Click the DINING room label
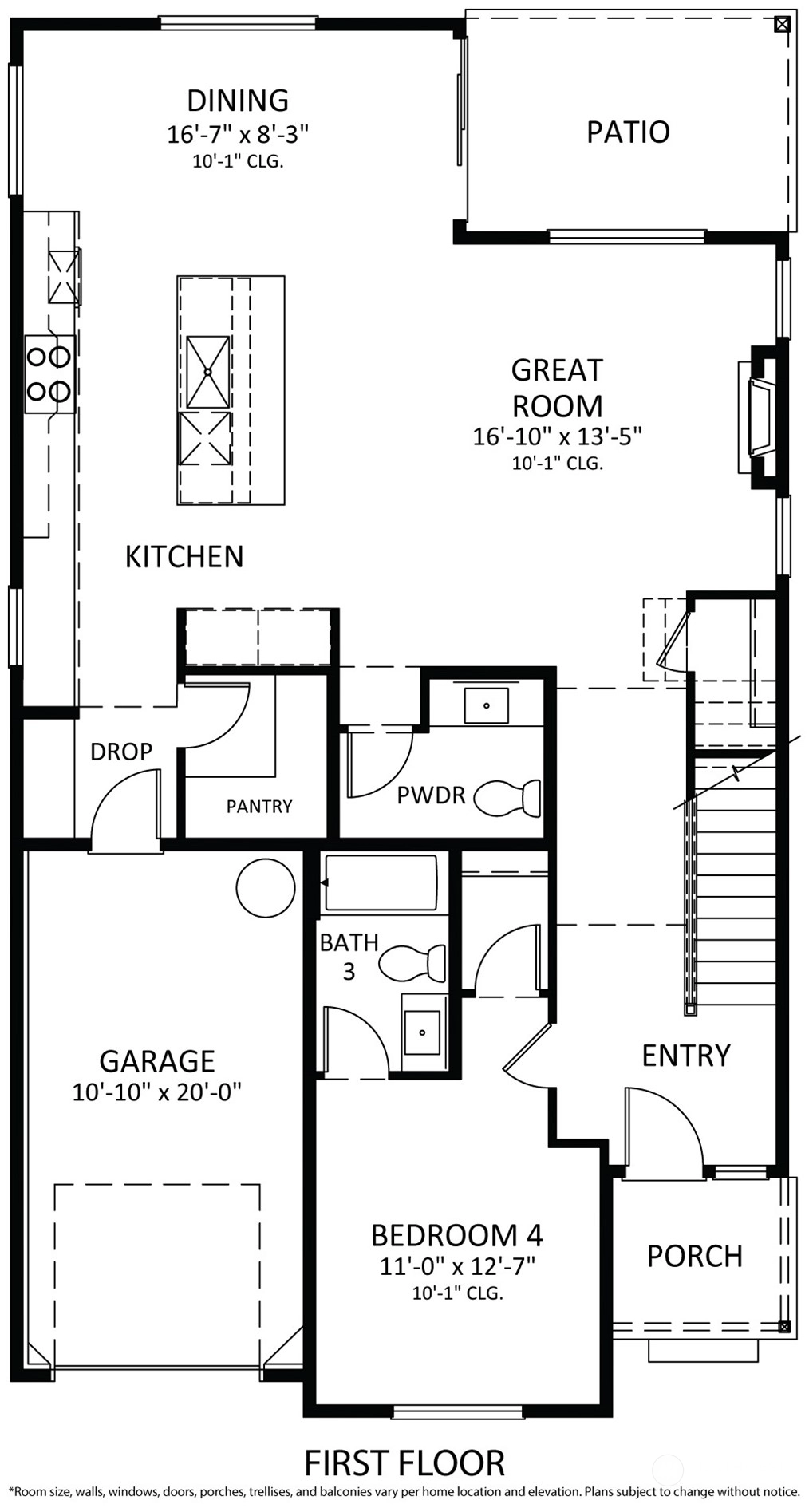coord(238,101)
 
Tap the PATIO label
coord(628,132)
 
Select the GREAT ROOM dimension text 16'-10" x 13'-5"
coord(557,436)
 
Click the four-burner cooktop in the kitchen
coord(49,373)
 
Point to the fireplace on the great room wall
coord(761,418)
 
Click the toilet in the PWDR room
coord(507,798)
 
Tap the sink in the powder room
coord(486,705)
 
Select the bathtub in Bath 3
coord(380,882)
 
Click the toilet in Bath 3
coord(412,964)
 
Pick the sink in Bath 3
coord(423,1032)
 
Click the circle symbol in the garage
coord(266,887)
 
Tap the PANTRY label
coord(259,807)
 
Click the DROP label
coord(121,752)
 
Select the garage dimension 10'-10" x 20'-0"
coord(157,1092)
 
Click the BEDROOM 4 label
coord(457,1235)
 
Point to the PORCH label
coord(695,1256)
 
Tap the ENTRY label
coord(686,1056)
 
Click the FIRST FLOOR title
coord(404,1463)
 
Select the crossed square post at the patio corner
coord(782,25)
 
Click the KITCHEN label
coord(184,557)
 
